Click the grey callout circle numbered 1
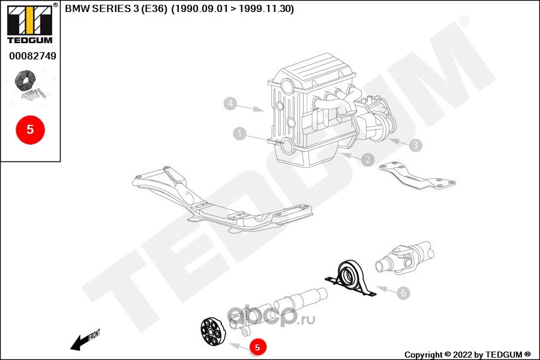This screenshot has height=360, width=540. coord(240,133)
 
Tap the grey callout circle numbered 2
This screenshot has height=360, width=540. coord(367,160)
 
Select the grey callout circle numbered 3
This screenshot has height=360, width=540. coord(416,145)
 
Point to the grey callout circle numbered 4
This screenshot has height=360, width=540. coord(230,104)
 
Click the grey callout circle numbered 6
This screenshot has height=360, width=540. coord(403,293)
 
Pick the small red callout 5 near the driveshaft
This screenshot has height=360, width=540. coord(257,347)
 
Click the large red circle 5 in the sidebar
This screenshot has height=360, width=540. coord(30,129)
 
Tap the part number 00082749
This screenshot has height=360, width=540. coord(32,56)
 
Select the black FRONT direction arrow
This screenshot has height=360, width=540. coord(78,343)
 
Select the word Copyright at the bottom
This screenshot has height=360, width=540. coord(424,354)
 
